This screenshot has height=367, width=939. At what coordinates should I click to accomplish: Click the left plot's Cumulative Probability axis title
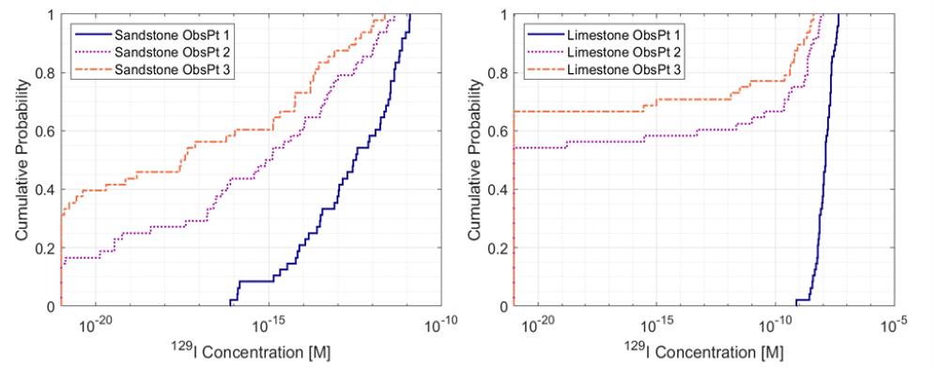tap(21, 161)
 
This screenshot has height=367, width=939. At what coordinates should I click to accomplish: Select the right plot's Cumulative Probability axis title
tap(475, 161)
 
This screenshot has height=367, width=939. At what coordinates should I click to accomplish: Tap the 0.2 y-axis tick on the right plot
tap(501, 248)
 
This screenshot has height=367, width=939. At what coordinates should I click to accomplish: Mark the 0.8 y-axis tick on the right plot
tap(501, 73)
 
